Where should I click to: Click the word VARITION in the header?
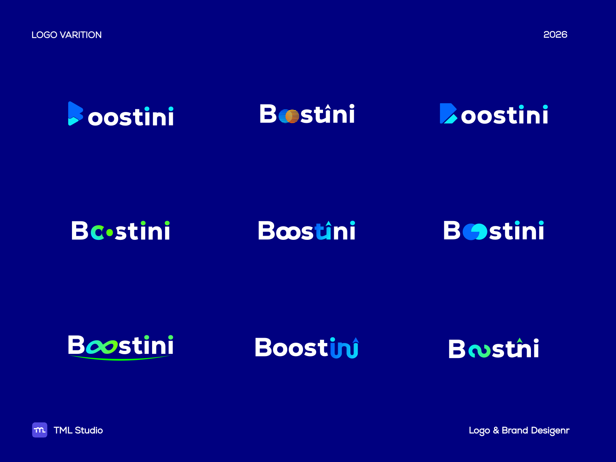(x=81, y=35)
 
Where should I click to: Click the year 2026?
(x=555, y=35)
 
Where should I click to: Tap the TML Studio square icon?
(x=40, y=430)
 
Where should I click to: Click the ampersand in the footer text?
(x=496, y=430)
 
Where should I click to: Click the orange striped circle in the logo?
(x=292, y=116)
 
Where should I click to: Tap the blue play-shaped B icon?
(x=75, y=114)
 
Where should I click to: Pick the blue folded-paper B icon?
(x=448, y=114)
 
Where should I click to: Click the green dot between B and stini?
(x=110, y=233)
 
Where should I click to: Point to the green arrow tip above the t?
(x=520, y=340)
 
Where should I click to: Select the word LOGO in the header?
(x=44, y=35)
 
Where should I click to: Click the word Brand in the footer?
(x=514, y=430)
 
